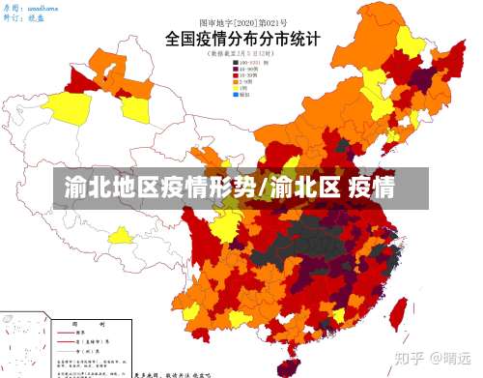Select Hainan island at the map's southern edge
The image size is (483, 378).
point(287,365)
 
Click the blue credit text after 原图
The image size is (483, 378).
point(44,6)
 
